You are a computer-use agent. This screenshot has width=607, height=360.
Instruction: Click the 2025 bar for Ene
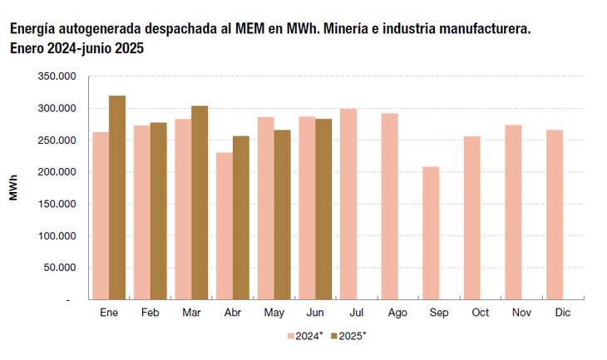[117, 197]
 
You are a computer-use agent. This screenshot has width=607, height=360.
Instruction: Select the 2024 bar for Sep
[431, 233]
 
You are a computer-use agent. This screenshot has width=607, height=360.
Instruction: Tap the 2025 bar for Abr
[240, 217]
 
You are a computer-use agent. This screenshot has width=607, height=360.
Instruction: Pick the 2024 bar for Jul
[348, 204]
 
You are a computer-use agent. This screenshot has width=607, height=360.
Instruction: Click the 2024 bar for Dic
[555, 215]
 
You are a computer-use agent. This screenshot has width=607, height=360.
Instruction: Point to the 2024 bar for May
[265, 208]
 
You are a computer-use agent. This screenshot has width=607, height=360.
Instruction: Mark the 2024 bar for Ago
[389, 206]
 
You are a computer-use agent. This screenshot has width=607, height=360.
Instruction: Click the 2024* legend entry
[304, 336]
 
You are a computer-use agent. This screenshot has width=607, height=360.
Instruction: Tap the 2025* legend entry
[349, 336]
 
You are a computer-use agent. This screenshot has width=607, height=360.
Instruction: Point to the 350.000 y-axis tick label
[58, 76]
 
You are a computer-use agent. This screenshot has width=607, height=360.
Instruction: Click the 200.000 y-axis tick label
[58, 172]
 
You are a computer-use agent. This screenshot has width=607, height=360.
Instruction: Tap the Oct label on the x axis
[480, 312]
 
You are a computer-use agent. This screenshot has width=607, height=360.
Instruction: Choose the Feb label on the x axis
[150, 312]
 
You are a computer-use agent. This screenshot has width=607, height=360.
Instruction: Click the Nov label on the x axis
[521, 312]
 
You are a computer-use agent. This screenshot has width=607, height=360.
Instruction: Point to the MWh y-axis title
[14, 188]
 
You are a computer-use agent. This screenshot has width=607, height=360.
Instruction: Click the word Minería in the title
[343, 29]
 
